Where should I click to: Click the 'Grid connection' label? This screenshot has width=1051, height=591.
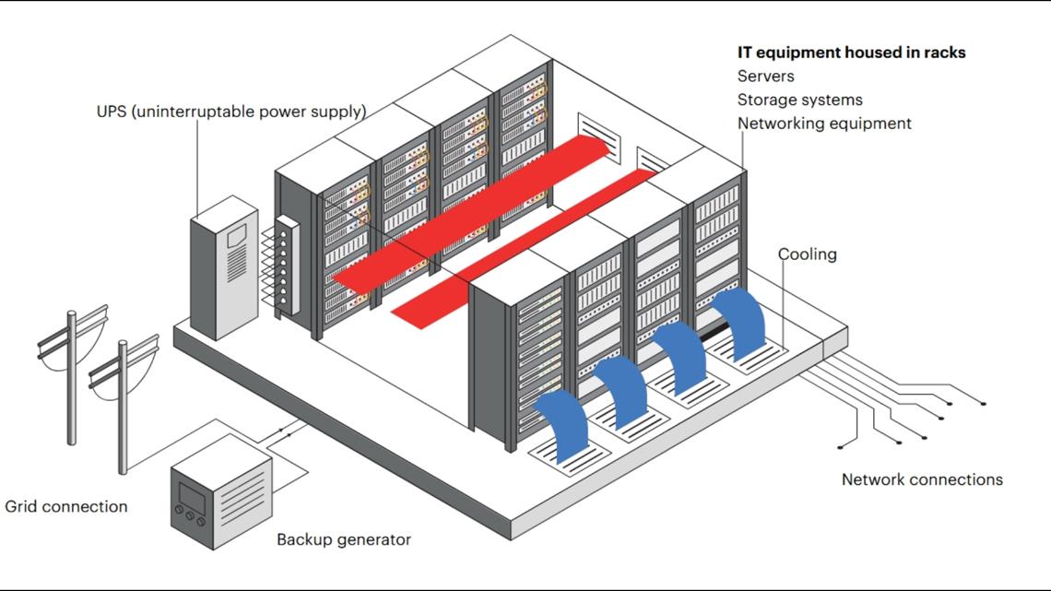click(66, 506)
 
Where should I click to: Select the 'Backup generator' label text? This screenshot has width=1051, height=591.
click(344, 539)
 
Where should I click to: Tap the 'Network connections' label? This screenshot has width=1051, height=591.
click(922, 479)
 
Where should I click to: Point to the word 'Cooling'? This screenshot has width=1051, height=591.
click(807, 254)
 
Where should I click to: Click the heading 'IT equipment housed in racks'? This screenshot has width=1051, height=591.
click(851, 53)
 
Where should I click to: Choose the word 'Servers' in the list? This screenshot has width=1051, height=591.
click(765, 76)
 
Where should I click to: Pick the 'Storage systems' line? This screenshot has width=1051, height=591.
click(799, 100)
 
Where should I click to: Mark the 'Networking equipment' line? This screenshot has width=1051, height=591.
click(823, 123)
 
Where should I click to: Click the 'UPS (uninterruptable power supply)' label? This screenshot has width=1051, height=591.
click(231, 112)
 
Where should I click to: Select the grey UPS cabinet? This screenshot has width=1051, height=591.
click(223, 270)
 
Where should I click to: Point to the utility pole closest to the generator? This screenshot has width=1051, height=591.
click(123, 406)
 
